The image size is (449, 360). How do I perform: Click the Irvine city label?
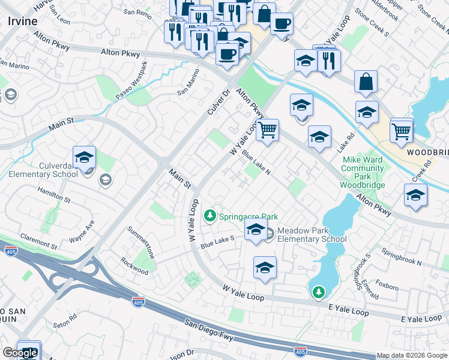(23, 21)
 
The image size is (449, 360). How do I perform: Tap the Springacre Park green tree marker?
(209, 215)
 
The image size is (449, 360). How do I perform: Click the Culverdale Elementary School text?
(43, 169)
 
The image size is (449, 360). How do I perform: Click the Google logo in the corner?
(20, 353)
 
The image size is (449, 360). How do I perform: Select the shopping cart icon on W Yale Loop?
(267, 130)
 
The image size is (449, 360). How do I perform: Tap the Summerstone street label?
(142, 242)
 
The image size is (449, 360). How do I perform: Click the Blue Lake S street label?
(218, 242)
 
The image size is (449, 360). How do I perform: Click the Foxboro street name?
(387, 287)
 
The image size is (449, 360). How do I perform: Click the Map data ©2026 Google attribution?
(412, 355)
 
